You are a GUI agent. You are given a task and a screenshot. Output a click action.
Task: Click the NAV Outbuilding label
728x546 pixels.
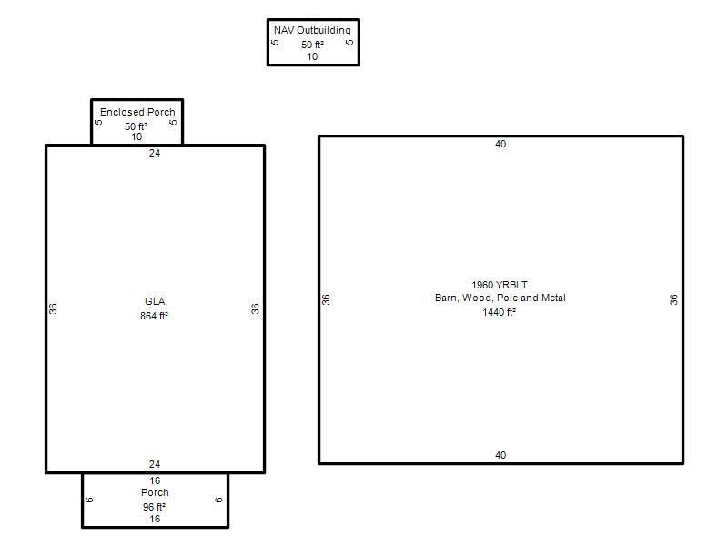click(312, 30)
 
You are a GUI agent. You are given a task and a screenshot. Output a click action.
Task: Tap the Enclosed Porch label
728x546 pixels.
click(137, 112)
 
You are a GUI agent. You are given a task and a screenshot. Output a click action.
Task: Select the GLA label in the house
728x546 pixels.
click(155, 301)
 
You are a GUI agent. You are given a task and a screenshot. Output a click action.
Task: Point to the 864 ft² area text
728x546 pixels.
click(154, 316)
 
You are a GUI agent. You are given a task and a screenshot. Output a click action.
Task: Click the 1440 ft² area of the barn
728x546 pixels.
click(499, 312)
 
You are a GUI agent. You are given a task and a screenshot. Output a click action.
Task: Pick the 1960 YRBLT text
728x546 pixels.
click(500, 285)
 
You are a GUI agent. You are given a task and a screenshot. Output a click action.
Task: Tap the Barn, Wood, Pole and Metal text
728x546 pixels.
click(500, 298)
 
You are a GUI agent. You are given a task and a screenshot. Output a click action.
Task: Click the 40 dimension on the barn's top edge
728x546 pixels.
click(500, 144)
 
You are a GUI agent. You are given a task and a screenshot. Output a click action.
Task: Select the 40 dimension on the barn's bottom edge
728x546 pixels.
click(500, 455)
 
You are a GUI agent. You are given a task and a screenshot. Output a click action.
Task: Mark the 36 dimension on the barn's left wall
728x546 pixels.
click(326, 299)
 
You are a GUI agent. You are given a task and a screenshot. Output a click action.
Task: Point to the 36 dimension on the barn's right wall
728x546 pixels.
click(673, 299)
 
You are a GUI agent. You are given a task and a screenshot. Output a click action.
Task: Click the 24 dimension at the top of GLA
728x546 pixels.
click(155, 153)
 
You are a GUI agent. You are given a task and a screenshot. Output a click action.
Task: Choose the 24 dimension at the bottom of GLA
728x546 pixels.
click(155, 464)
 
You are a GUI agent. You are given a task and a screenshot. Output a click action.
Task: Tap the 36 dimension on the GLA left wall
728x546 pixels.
click(53, 308)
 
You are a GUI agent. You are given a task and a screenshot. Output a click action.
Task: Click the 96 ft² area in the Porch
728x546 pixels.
click(154, 507)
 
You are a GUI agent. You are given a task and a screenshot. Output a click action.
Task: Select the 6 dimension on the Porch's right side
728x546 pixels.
click(218, 500)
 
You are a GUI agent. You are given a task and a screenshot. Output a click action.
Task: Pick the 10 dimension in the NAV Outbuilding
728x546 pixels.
click(312, 56)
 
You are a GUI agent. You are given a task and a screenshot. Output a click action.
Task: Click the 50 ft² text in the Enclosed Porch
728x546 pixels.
click(136, 126)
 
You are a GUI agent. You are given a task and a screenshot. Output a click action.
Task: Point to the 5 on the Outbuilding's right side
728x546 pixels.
click(349, 42)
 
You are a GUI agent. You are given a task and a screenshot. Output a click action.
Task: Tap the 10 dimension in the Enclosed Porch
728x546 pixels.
click(136, 136)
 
